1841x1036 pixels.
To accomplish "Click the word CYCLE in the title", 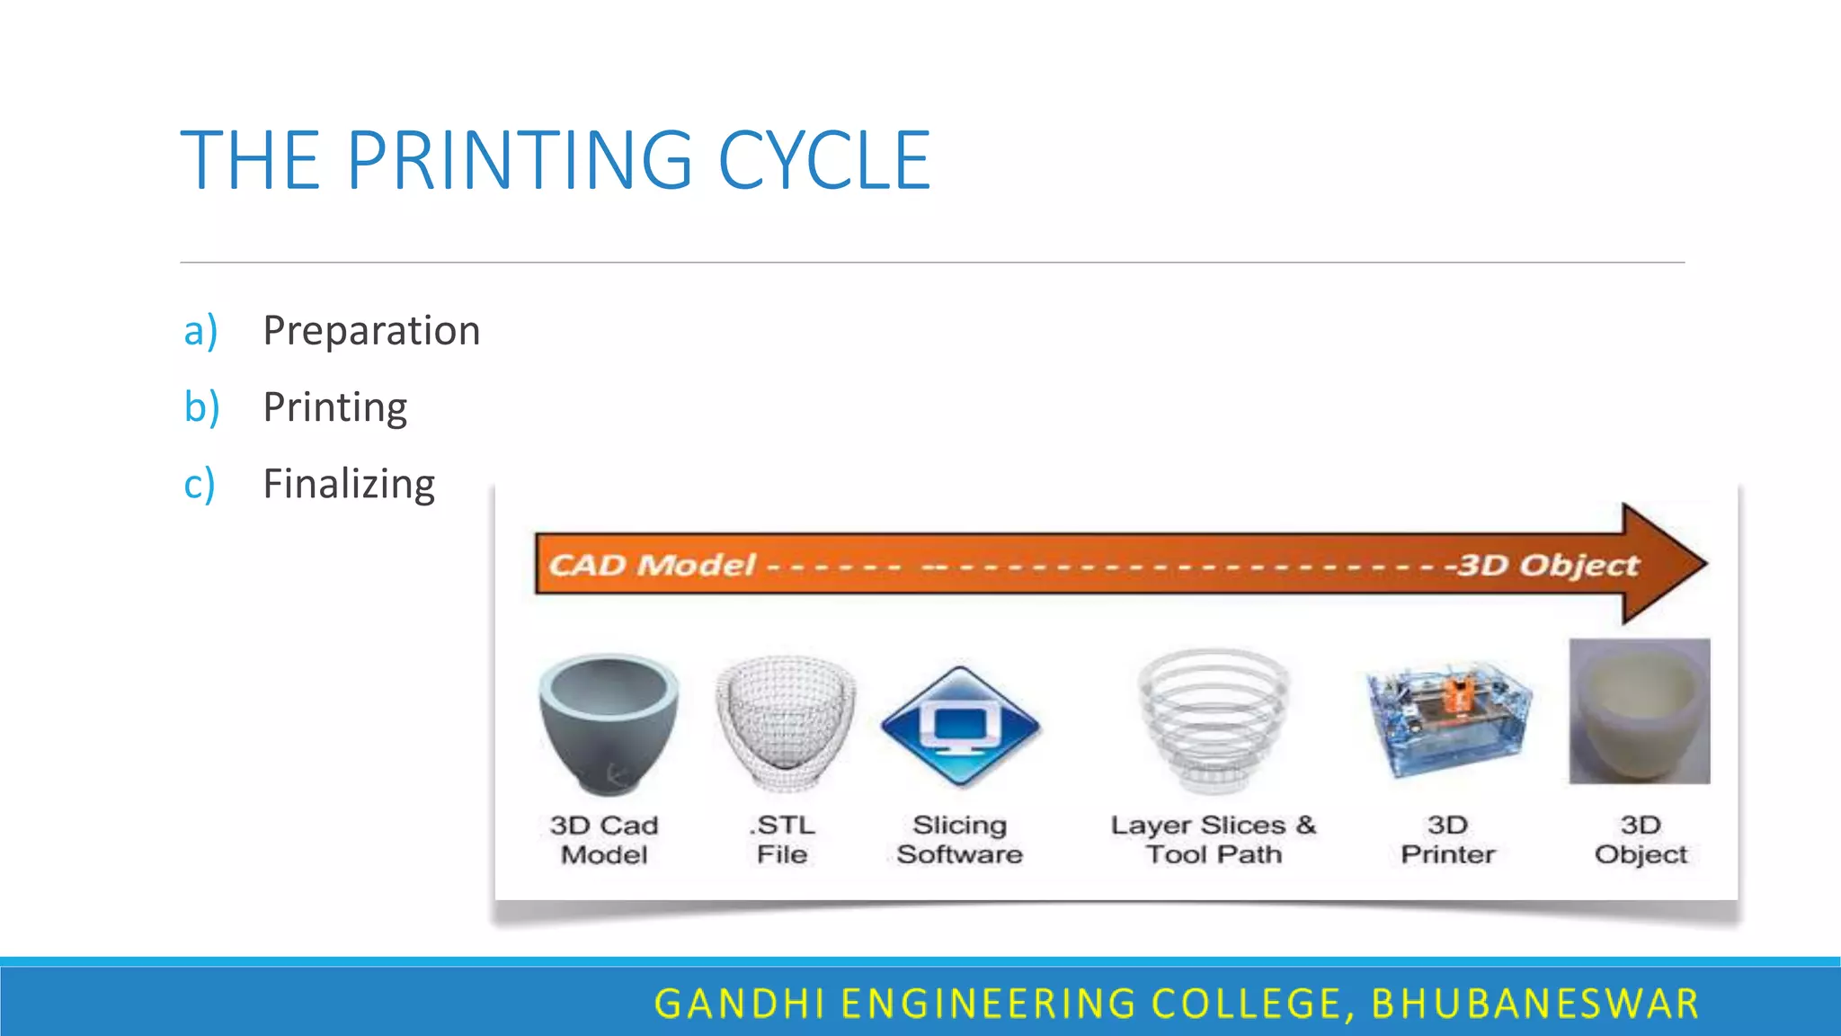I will pos(823,161).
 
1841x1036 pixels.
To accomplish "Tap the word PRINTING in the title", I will pos(520,161).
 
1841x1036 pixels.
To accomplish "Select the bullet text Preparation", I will pos(371,331).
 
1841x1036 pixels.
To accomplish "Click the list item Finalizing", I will pos(349,484).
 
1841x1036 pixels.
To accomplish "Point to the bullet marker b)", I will pos(201,407).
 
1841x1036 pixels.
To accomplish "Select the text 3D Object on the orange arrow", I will pos(1548,565).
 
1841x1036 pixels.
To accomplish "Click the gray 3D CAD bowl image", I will pos(609,723).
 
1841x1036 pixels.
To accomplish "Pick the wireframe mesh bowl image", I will pos(785,723).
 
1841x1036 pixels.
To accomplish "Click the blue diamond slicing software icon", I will pos(960,727).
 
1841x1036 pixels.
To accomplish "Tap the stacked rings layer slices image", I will pos(1214,719).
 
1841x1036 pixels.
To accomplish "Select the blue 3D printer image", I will pos(1448,719).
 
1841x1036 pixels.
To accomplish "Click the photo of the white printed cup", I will pos(1640,711).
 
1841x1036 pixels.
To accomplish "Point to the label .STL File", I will pos(782,839).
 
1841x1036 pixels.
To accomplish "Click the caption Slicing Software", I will pos(959,839).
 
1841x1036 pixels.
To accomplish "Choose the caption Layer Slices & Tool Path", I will pos(1214,839).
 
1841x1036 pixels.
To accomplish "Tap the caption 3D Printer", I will pos(1447,839).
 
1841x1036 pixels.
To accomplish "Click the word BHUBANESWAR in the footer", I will pos(1535,1004).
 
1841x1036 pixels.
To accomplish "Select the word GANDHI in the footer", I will pos(740,1004).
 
